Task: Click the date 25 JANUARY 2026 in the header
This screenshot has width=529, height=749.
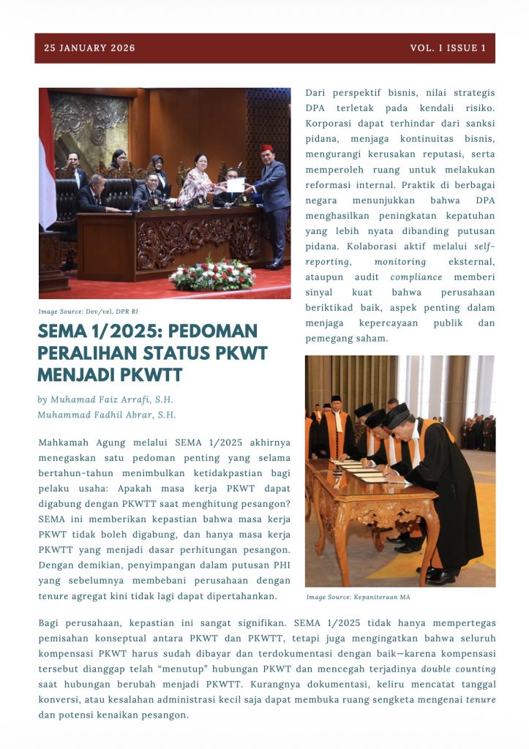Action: tap(89, 48)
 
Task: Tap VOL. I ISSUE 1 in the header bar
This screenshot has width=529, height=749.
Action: tap(448, 48)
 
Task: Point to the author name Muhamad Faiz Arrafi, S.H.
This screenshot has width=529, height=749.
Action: tap(105, 400)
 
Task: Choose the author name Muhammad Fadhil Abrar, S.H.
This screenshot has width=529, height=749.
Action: tap(107, 415)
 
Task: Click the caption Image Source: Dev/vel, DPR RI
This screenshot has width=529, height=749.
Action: tap(89, 312)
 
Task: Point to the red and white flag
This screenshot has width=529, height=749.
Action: tap(46, 161)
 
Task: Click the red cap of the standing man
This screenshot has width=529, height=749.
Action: tap(266, 148)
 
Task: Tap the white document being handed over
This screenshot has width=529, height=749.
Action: tap(235, 185)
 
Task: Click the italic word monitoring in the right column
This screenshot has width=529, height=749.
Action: tap(399, 262)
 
